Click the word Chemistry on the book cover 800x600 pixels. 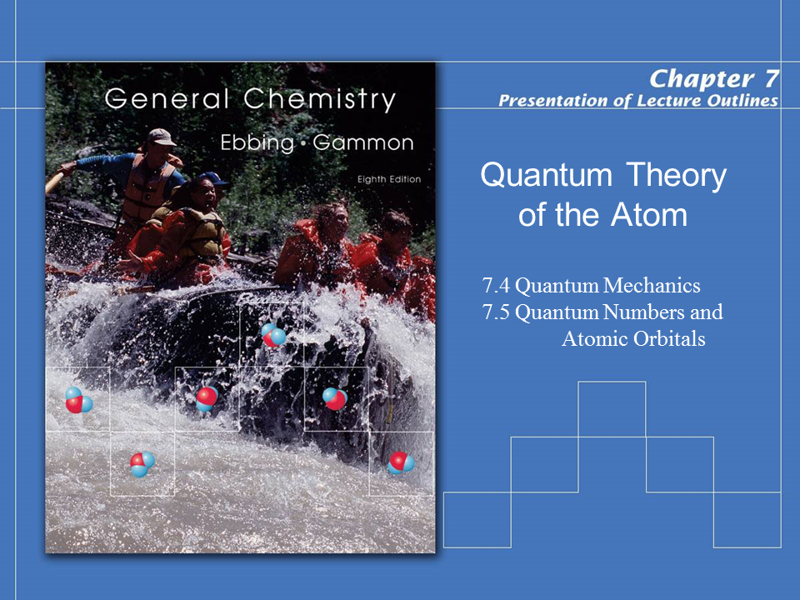319,99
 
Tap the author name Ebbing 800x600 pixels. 257,142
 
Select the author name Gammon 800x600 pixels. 363,142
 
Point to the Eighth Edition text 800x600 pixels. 389,179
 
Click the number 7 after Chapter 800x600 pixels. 771,78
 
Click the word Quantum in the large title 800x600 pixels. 547,175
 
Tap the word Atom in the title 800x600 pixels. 649,215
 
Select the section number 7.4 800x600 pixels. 496,285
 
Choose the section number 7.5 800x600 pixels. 496,312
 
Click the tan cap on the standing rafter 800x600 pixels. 161,137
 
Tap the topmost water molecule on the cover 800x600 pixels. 273,335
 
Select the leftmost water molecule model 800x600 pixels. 78,399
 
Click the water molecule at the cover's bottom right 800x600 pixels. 401,462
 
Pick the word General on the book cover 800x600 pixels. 167,98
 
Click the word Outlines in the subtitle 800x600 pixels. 742,101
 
